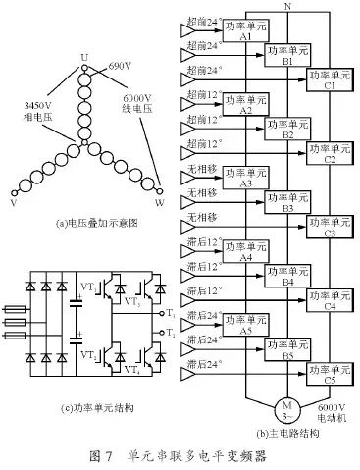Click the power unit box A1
click(x=245, y=28)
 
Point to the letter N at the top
click(x=285, y=7)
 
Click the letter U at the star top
click(x=85, y=56)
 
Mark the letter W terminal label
click(x=161, y=204)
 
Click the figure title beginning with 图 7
click(x=178, y=455)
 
